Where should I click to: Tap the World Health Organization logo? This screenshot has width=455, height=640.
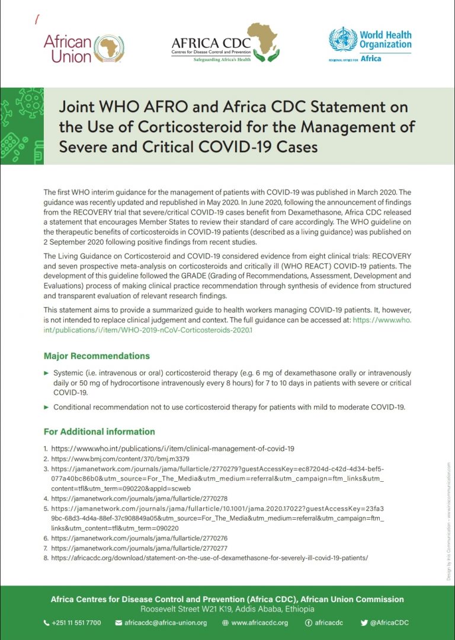click(370, 45)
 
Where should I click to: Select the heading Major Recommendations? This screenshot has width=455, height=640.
click(97, 356)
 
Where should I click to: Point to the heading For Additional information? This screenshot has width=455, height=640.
click(99, 431)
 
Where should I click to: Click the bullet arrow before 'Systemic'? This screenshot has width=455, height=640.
click(47, 373)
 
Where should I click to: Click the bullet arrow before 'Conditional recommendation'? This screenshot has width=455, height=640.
click(47, 407)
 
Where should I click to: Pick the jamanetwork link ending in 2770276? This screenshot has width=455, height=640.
click(139, 538)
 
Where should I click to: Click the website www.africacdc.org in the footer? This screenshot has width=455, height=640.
click(259, 623)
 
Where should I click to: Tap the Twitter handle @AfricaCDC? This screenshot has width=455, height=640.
click(389, 623)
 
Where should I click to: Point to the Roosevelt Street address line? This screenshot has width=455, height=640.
click(227, 609)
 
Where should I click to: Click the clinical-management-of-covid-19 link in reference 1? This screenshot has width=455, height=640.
click(172, 449)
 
